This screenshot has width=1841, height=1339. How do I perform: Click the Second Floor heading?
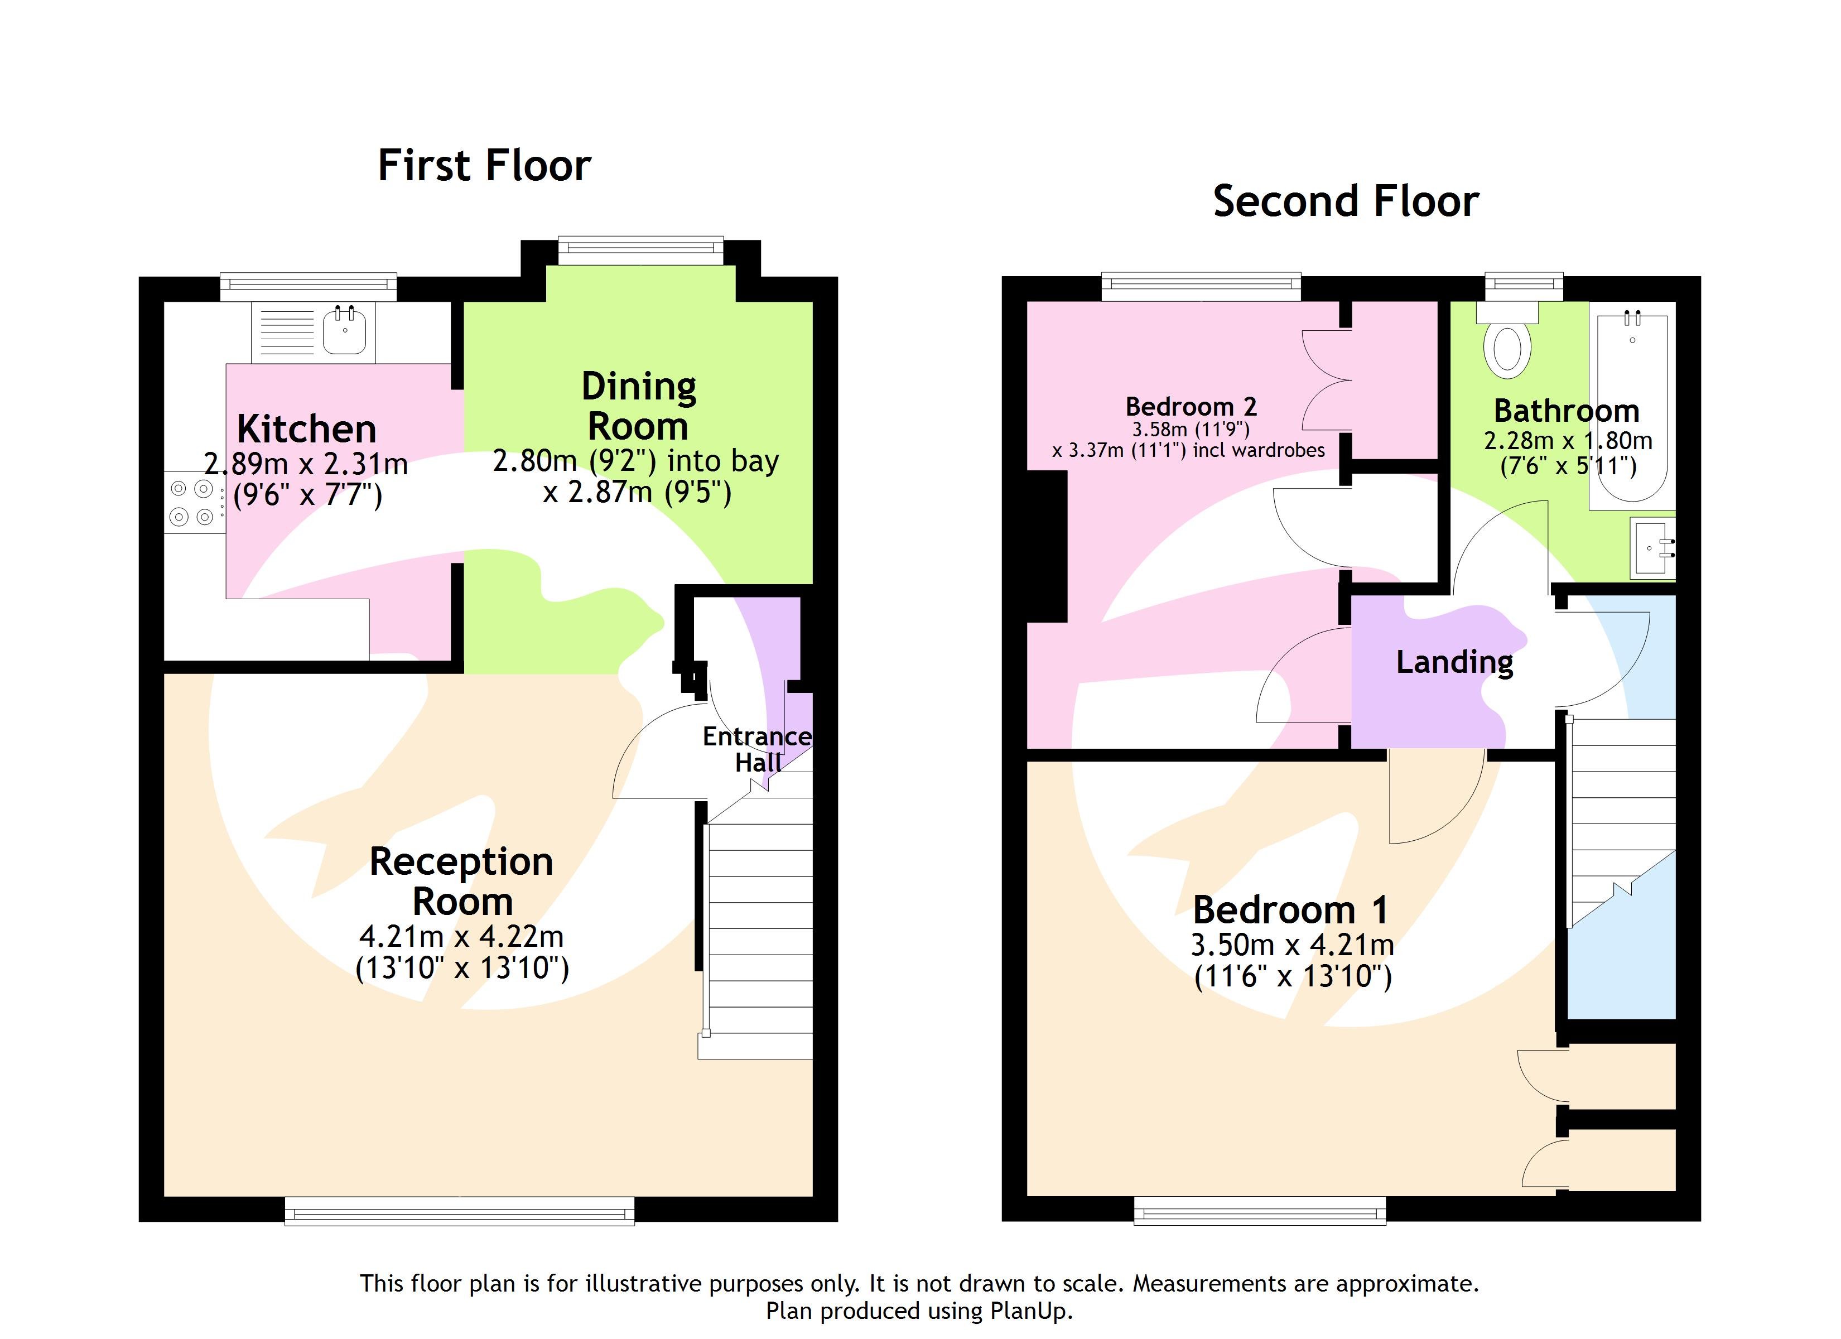1345,201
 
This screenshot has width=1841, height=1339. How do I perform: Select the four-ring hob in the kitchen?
192,502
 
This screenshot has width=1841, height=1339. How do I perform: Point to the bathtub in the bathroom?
1632,406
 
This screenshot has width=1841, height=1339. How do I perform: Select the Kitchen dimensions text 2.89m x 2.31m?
306,465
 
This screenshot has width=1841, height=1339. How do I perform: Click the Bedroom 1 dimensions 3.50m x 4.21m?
1292,945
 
